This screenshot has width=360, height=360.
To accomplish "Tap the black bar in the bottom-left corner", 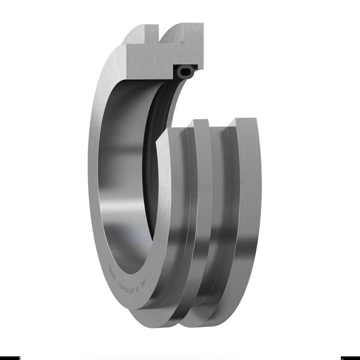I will (10, 358).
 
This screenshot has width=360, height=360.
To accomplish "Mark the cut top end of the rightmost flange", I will (246, 122).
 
